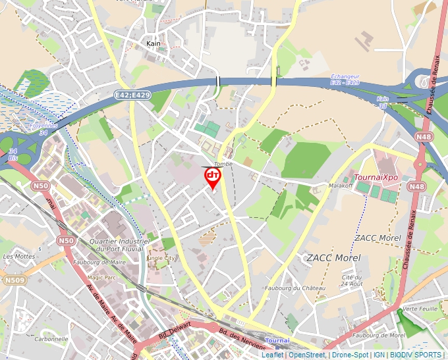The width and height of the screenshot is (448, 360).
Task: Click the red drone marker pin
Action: (x=212, y=177)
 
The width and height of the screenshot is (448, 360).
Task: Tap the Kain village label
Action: (x=154, y=44)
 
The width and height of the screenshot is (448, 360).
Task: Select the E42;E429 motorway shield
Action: (x=132, y=95)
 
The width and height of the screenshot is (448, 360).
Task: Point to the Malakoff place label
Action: (x=341, y=186)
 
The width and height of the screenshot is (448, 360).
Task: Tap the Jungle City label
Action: (x=163, y=259)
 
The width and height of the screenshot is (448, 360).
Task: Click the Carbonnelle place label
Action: (x=51, y=339)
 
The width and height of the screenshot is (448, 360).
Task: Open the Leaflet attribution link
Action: (x=272, y=355)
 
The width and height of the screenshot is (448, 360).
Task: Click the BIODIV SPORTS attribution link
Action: (x=418, y=355)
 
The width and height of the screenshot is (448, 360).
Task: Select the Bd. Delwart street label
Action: (x=175, y=329)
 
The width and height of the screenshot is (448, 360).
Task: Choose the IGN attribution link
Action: (x=379, y=355)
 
